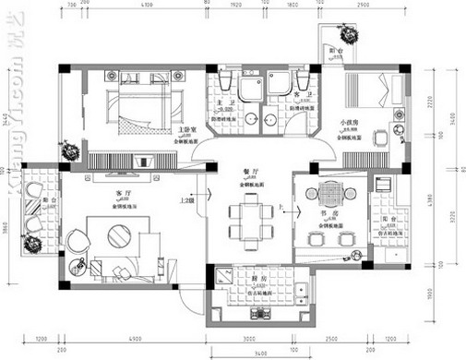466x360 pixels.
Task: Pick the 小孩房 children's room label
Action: (x=349, y=121)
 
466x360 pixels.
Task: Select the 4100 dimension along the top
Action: (x=145, y=6)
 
